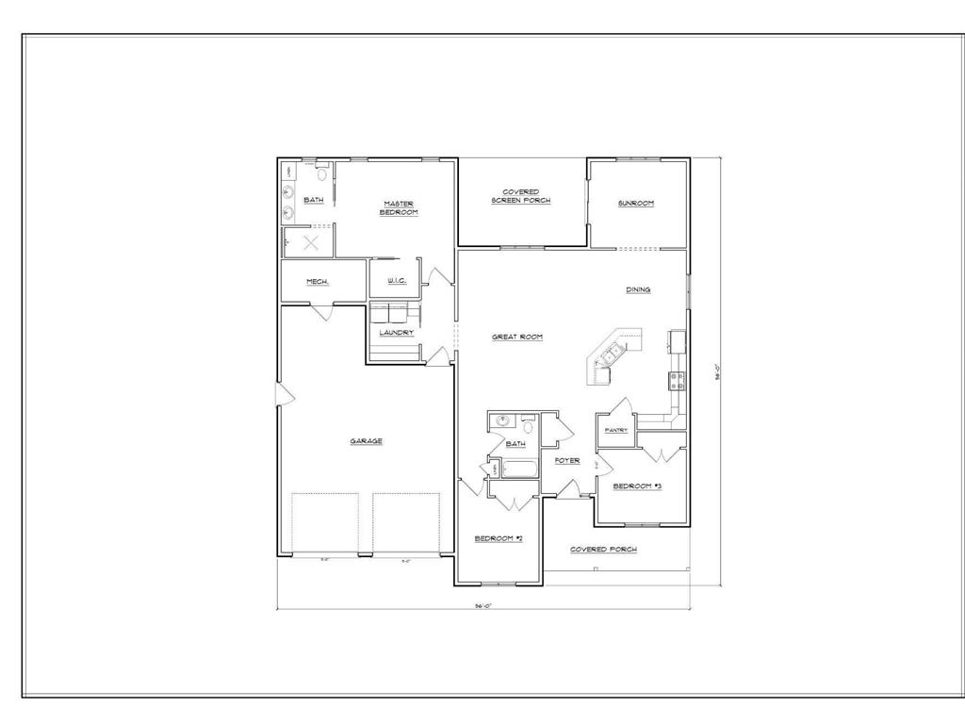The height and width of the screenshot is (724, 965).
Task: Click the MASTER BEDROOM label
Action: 399,208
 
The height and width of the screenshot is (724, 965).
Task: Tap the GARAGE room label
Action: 367,441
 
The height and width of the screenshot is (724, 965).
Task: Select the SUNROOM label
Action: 636,204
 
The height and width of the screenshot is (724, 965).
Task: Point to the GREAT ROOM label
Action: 517,337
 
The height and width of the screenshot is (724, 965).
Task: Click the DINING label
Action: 638,290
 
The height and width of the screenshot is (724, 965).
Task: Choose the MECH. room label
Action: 318,282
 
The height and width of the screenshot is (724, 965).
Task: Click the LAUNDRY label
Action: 397,332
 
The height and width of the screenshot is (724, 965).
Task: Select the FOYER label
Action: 566,461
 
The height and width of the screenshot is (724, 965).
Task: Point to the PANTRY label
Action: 616,431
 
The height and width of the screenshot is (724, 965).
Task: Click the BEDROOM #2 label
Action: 499,538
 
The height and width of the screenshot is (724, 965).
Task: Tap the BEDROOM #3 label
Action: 638,486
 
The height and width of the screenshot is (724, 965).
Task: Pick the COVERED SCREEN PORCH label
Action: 521,196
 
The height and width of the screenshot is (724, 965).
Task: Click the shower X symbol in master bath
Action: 312,242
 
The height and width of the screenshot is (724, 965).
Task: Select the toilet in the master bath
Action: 322,173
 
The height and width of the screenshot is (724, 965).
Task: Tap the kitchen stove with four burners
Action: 677,380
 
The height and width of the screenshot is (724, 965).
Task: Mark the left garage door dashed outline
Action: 325,523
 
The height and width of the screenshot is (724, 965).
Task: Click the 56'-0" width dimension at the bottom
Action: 483,606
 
